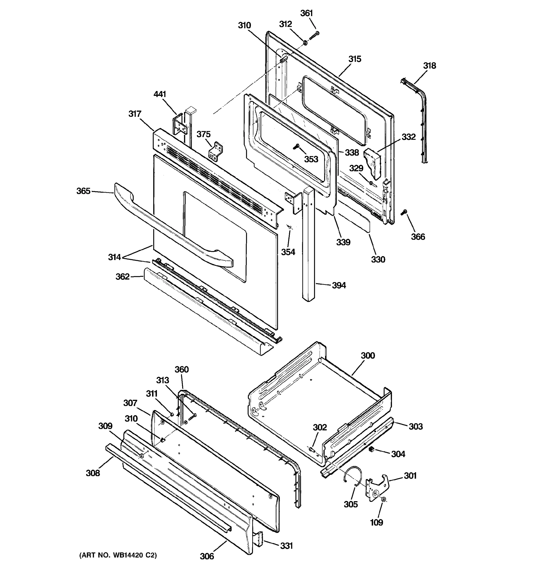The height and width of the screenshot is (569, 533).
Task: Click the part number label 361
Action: point(307,14)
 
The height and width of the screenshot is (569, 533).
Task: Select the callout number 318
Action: point(429,66)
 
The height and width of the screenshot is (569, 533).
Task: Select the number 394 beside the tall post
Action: point(339,285)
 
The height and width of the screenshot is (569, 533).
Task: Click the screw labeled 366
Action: point(404,212)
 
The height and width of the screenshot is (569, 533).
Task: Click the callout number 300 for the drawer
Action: point(368,355)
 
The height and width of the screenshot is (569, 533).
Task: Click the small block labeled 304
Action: point(371,449)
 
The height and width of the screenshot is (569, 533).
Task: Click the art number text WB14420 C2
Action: point(118,555)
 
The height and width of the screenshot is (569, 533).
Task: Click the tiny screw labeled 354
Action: point(290,227)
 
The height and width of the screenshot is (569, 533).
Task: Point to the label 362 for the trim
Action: point(122,277)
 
